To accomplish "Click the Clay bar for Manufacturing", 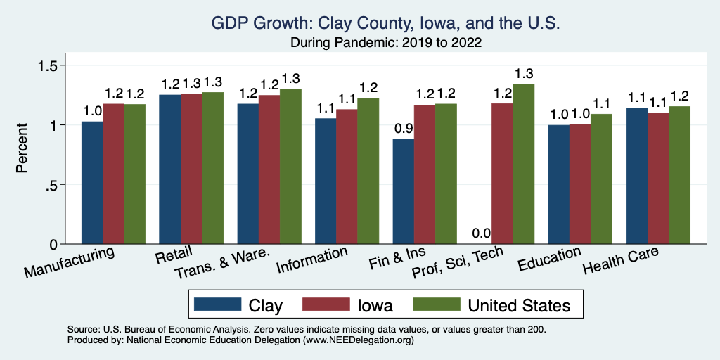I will point(92,183).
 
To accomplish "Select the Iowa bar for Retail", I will point(191,169).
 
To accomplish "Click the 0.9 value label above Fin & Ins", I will point(403,129).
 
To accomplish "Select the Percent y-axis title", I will point(22,149).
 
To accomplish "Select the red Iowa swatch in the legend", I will point(326,304).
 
